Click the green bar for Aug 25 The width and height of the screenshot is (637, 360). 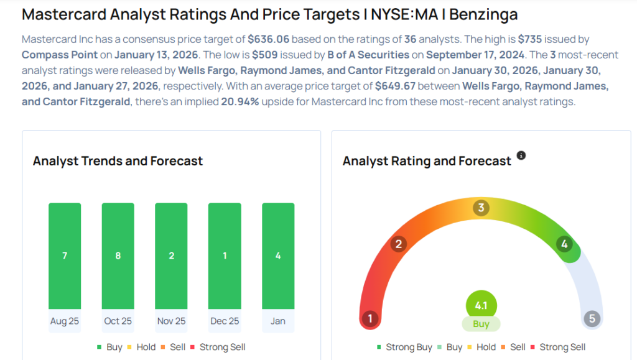65,256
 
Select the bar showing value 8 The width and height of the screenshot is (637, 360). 118,256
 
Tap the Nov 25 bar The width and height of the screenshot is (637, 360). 171,256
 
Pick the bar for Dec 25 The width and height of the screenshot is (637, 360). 225,256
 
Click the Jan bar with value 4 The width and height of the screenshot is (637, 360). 278,256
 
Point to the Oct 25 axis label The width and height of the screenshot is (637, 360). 118,321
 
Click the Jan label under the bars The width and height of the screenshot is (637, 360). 278,321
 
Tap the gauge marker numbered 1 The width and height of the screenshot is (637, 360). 370,319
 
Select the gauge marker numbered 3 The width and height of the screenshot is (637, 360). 480,208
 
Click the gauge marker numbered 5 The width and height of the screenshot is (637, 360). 592,319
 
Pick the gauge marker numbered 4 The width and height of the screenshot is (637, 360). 564,244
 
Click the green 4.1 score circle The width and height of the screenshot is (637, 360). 481,305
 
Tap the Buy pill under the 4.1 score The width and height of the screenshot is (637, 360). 481,324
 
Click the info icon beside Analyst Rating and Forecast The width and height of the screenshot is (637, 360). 521,155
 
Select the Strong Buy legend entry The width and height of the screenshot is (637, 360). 404,347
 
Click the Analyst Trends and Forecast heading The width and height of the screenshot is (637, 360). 118,161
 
